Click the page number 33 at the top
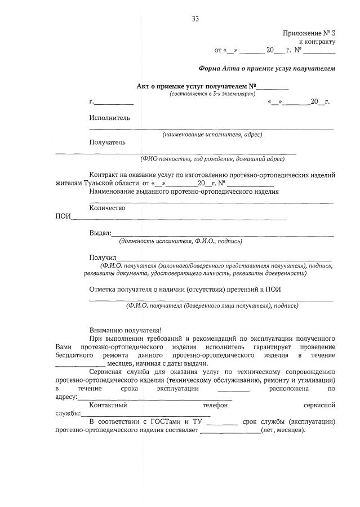pyautogui.click(x=195, y=19)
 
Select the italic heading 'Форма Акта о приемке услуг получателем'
pyautogui.click(x=267, y=69)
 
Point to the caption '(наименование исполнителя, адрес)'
pyautogui.click(x=212, y=135)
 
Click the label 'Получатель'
pyautogui.click(x=107, y=142)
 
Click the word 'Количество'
pyautogui.click(x=107, y=208)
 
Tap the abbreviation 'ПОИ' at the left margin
pyautogui.click(x=63, y=217)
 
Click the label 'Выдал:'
pyautogui.click(x=100, y=233)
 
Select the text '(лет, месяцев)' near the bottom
pyautogui.click(x=283, y=430)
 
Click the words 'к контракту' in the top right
pyautogui.click(x=317, y=41)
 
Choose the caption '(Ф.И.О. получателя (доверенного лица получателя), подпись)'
pyautogui.click(x=212, y=306)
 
